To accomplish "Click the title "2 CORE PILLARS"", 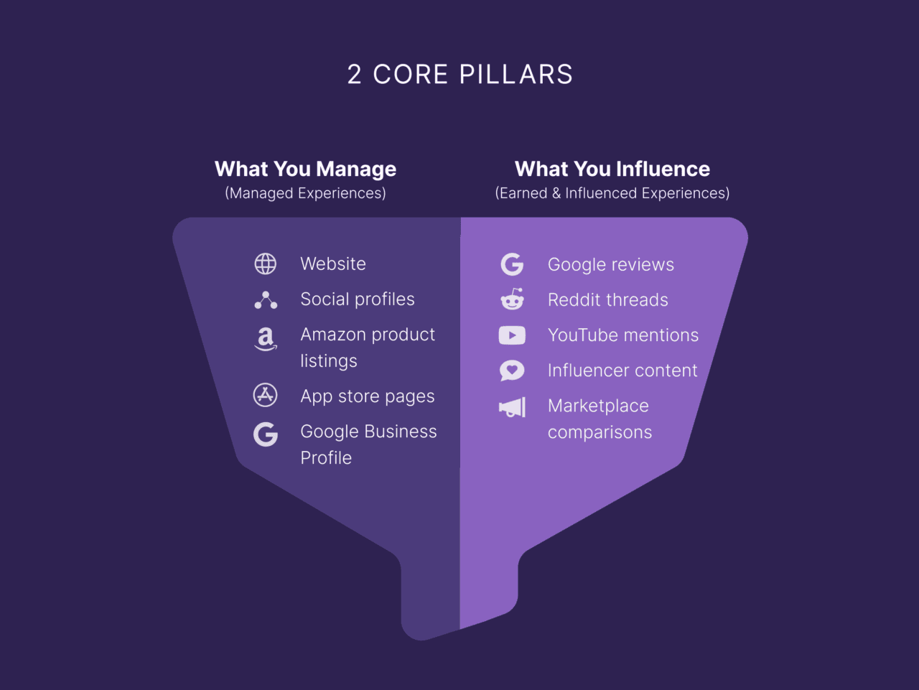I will (459, 75).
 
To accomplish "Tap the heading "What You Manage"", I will (305, 169).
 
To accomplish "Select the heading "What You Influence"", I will (612, 169).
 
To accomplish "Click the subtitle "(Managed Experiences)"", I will (305, 193).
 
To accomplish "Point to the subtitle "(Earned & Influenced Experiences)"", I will (612, 193).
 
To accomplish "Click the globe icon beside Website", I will (266, 264).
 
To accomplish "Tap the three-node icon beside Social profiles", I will (266, 300).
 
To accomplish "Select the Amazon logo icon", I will (266, 338).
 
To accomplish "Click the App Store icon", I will (266, 395).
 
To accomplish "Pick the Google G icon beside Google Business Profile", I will (266, 434).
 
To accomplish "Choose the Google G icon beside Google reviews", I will (512, 264).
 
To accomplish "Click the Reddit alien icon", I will (512, 299).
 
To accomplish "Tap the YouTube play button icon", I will (512, 335).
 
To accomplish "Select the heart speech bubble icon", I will (512, 370).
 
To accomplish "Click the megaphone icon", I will (513, 408).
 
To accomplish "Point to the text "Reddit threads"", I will (607, 300).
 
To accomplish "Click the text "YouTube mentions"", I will (622, 335).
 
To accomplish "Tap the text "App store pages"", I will (367, 396).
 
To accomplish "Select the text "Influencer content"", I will (622, 370).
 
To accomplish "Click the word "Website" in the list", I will (333, 264).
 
